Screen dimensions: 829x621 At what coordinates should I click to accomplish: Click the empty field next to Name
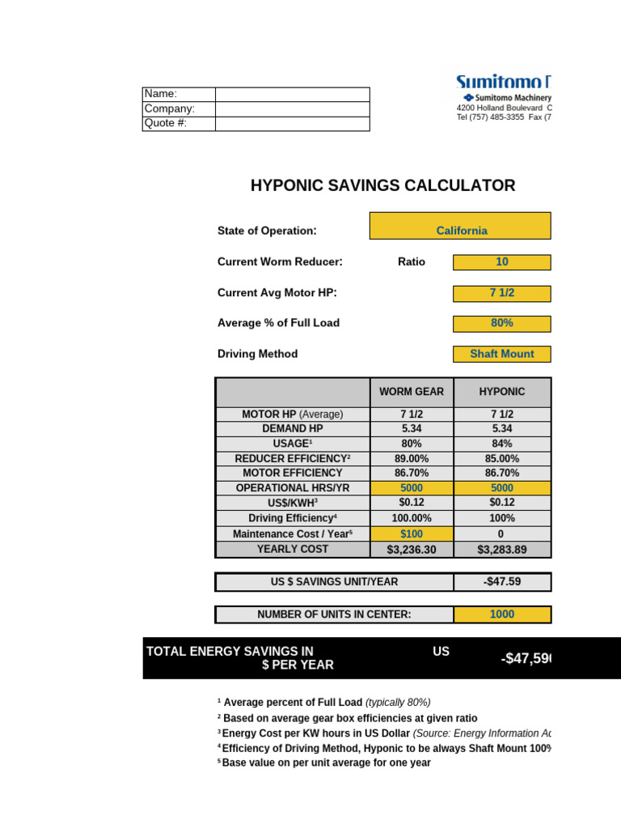[292, 94]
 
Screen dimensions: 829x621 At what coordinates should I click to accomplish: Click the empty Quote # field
[292, 124]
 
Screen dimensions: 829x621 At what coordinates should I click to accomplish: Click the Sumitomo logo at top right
[503, 83]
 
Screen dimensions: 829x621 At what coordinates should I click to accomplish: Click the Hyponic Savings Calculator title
[382, 185]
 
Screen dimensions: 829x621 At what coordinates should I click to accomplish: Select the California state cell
[461, 231]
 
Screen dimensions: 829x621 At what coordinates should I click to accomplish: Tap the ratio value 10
[501, 262]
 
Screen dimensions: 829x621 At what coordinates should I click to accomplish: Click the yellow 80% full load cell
[501, 323]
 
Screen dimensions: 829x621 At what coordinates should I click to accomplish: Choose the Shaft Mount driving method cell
[501, 354]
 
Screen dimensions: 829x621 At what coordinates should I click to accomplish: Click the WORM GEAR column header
[412, 392]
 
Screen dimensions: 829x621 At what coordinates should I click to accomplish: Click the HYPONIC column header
[502, 392]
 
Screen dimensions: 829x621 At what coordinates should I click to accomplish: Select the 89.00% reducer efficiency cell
[412, 458]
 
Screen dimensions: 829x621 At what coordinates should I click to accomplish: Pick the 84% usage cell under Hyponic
[502, 444]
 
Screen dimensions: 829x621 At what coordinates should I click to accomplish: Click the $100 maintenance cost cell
[412, 534]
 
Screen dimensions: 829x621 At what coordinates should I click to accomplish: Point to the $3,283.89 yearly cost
[502, 551]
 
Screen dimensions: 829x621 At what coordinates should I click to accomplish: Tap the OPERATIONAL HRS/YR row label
[293, 488]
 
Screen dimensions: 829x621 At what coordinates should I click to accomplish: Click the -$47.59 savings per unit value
[502, 582]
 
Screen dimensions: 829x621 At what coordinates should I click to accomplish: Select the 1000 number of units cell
[502, 614]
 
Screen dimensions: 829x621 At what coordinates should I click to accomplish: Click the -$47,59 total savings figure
[525, 659]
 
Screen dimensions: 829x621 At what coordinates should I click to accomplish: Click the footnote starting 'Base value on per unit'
[326, 763]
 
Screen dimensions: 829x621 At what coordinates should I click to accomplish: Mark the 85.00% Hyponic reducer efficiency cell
[502, 458]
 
